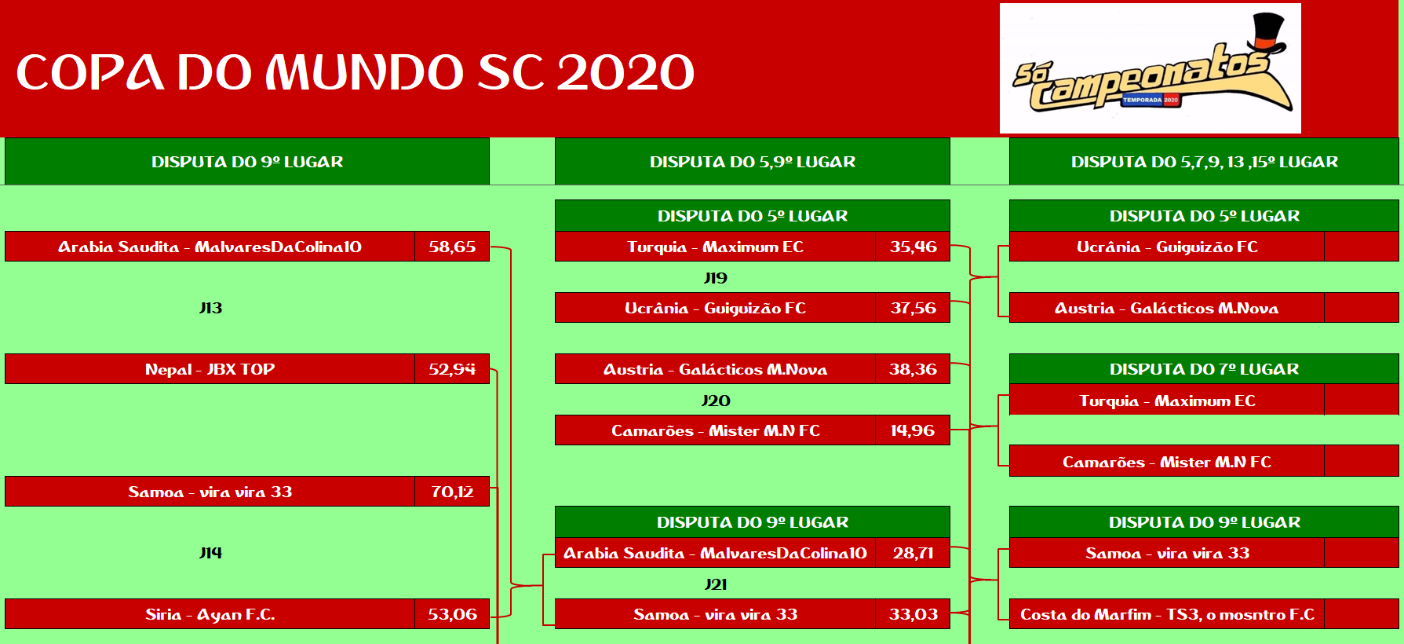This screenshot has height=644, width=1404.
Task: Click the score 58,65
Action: tap(452, 247)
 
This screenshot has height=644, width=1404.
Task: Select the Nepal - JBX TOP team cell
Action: tap(210, 369)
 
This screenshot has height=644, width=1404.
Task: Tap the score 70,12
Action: tap(452, 492)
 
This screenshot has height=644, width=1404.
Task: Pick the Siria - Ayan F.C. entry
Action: tap(210, 614)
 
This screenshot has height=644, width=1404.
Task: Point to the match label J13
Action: tap(210, 308)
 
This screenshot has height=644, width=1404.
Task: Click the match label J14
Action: tap(210, 553)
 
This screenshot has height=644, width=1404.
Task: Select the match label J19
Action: tap(716, 278)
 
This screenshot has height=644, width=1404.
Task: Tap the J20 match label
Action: tap(716, 401)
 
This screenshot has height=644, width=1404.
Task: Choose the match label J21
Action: tap(716, 584)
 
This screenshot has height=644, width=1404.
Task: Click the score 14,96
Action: tap(913, 430)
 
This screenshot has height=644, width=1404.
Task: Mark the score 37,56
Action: tap(913, 308)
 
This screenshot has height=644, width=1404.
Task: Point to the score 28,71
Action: tap(913, 553)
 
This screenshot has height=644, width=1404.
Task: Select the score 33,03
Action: tap(913, 614)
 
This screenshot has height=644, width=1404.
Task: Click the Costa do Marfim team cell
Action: tap(1167, 614)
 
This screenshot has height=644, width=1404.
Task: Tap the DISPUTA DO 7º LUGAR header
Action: tap(1204, 369)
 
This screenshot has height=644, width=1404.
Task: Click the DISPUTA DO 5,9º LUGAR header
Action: tap(753, 162)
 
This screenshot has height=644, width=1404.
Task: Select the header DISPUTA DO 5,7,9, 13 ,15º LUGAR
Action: tap(1204, 162)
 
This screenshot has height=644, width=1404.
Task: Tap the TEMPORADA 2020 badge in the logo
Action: tap(1151, 100)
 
